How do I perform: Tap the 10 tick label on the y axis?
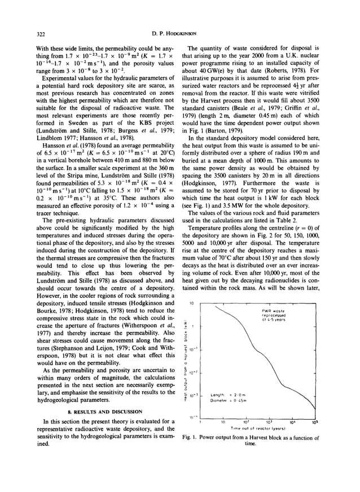point(192,302)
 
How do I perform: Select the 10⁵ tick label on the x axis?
point(313,421)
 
